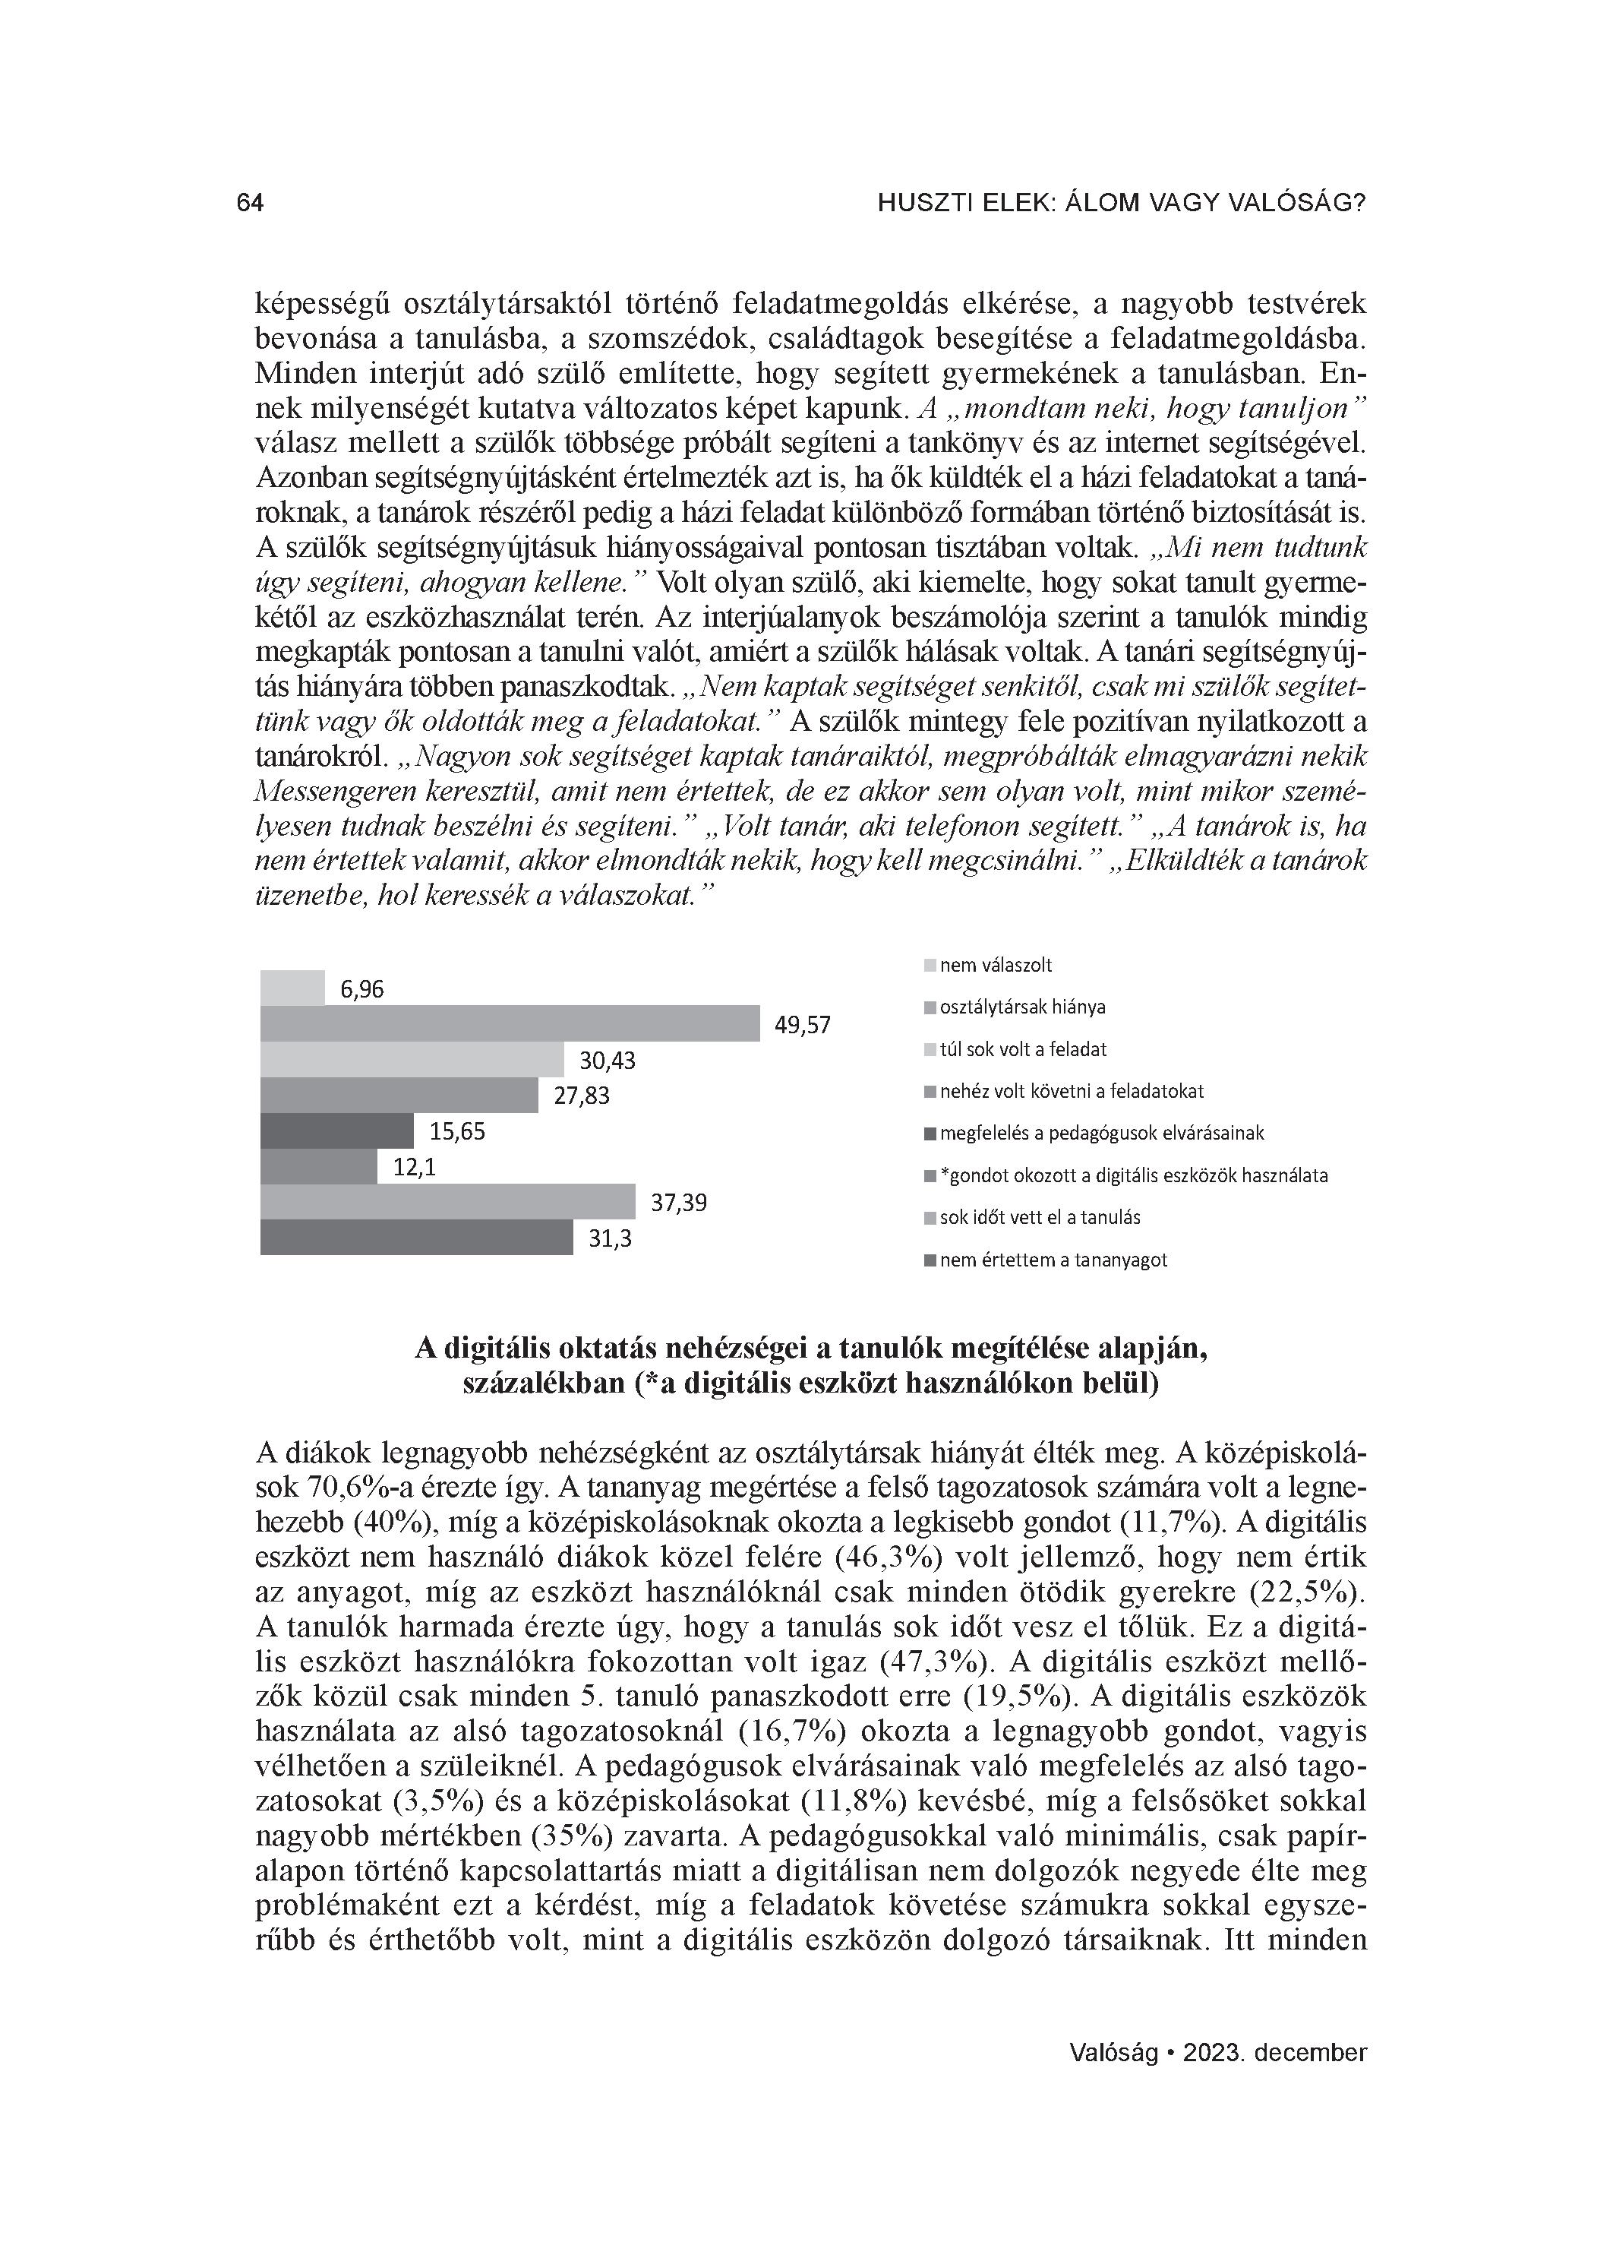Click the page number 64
250,203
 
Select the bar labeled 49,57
510,1023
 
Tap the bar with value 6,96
292,988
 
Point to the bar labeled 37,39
448,1201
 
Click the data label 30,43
607,1061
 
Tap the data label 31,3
610,1238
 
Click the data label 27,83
581,1096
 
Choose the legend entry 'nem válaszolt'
996,965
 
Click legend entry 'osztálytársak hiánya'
1022,1007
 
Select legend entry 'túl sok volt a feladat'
1023,1049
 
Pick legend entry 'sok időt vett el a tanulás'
1040,1217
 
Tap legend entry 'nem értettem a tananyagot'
1053,1260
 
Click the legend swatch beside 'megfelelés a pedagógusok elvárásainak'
930,1134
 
